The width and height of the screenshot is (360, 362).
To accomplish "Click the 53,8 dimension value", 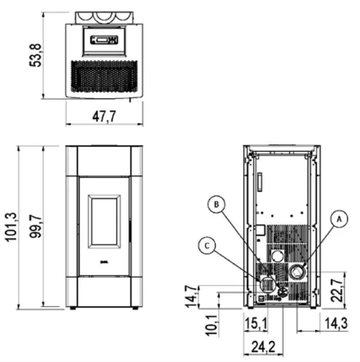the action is point(35,55).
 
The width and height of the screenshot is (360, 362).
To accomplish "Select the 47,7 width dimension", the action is point(104,116).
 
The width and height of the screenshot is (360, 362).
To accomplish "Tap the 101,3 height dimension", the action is point(11,227).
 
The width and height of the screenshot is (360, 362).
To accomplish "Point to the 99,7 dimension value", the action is point(35,226).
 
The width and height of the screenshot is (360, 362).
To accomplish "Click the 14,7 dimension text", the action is point(191,297).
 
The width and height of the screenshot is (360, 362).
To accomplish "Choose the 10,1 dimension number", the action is point(211,325).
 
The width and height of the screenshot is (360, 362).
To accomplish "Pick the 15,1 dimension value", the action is point(256,323).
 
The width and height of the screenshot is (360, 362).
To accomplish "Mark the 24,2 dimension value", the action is point(263,347).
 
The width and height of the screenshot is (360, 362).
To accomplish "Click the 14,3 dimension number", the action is point(336,323).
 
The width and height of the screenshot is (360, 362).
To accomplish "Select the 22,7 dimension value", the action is point(337,290).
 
